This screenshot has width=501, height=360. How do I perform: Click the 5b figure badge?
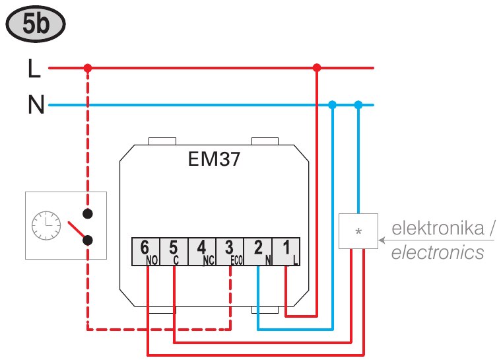tap(36, 24)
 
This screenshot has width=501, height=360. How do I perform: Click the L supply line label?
tap(34, 68)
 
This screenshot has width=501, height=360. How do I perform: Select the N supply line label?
tap(36, 104)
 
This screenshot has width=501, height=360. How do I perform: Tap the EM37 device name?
tap(214, 159)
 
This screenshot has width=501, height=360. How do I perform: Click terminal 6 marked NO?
tap(146, 252)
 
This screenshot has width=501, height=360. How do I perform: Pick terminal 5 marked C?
tap(174, 252)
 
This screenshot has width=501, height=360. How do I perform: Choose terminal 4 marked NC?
tap(202, 252)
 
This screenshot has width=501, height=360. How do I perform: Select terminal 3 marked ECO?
tap(230, 252)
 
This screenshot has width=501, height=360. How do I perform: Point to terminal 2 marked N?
tap(258, 252)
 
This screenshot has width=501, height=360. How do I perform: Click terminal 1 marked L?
tap(286, 252)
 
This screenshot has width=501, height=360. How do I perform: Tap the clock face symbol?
tap(46, 225)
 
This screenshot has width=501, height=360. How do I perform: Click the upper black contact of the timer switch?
tap(88, 213)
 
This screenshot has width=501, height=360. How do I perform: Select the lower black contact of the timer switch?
tap(88, 240)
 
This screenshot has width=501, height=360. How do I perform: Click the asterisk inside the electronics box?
tap(358, 231)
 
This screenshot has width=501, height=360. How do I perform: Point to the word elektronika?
tap(438, 228)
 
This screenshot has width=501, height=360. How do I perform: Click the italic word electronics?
tap(438, 252)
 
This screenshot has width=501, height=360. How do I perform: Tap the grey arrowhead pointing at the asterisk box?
tap(382, 240)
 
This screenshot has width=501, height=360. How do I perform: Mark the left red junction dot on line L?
tap(88, 68)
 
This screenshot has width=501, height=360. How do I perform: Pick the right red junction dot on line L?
tap(317, 68)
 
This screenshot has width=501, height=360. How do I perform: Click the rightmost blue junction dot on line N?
tap(358, 104)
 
